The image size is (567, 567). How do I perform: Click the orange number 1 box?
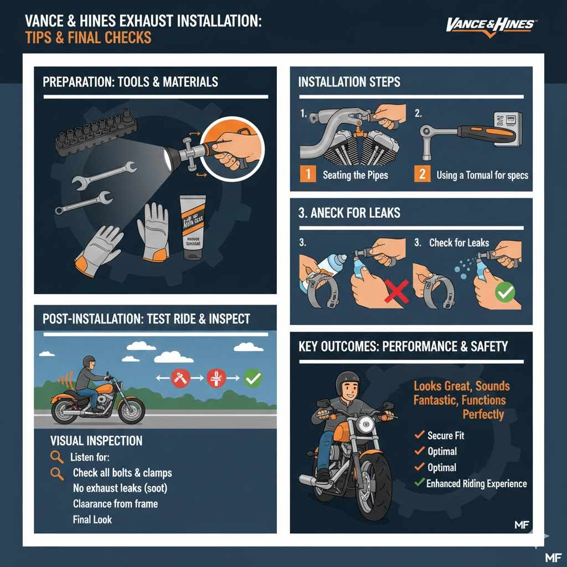coord(308,174)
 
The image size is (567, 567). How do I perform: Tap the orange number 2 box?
coord(422,174)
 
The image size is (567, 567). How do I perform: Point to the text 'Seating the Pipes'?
coord(355,175)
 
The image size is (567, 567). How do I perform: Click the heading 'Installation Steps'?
coord(349,83)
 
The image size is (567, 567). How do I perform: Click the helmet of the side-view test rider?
coord(89,361)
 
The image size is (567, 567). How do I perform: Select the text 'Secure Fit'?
coord(446,435)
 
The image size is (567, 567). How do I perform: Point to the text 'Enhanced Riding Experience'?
coord(476,483)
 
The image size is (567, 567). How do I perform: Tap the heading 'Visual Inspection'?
coord(96,441)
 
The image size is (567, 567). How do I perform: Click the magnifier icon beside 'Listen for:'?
coord(56,457)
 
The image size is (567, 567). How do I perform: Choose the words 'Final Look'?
coord(92,519)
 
